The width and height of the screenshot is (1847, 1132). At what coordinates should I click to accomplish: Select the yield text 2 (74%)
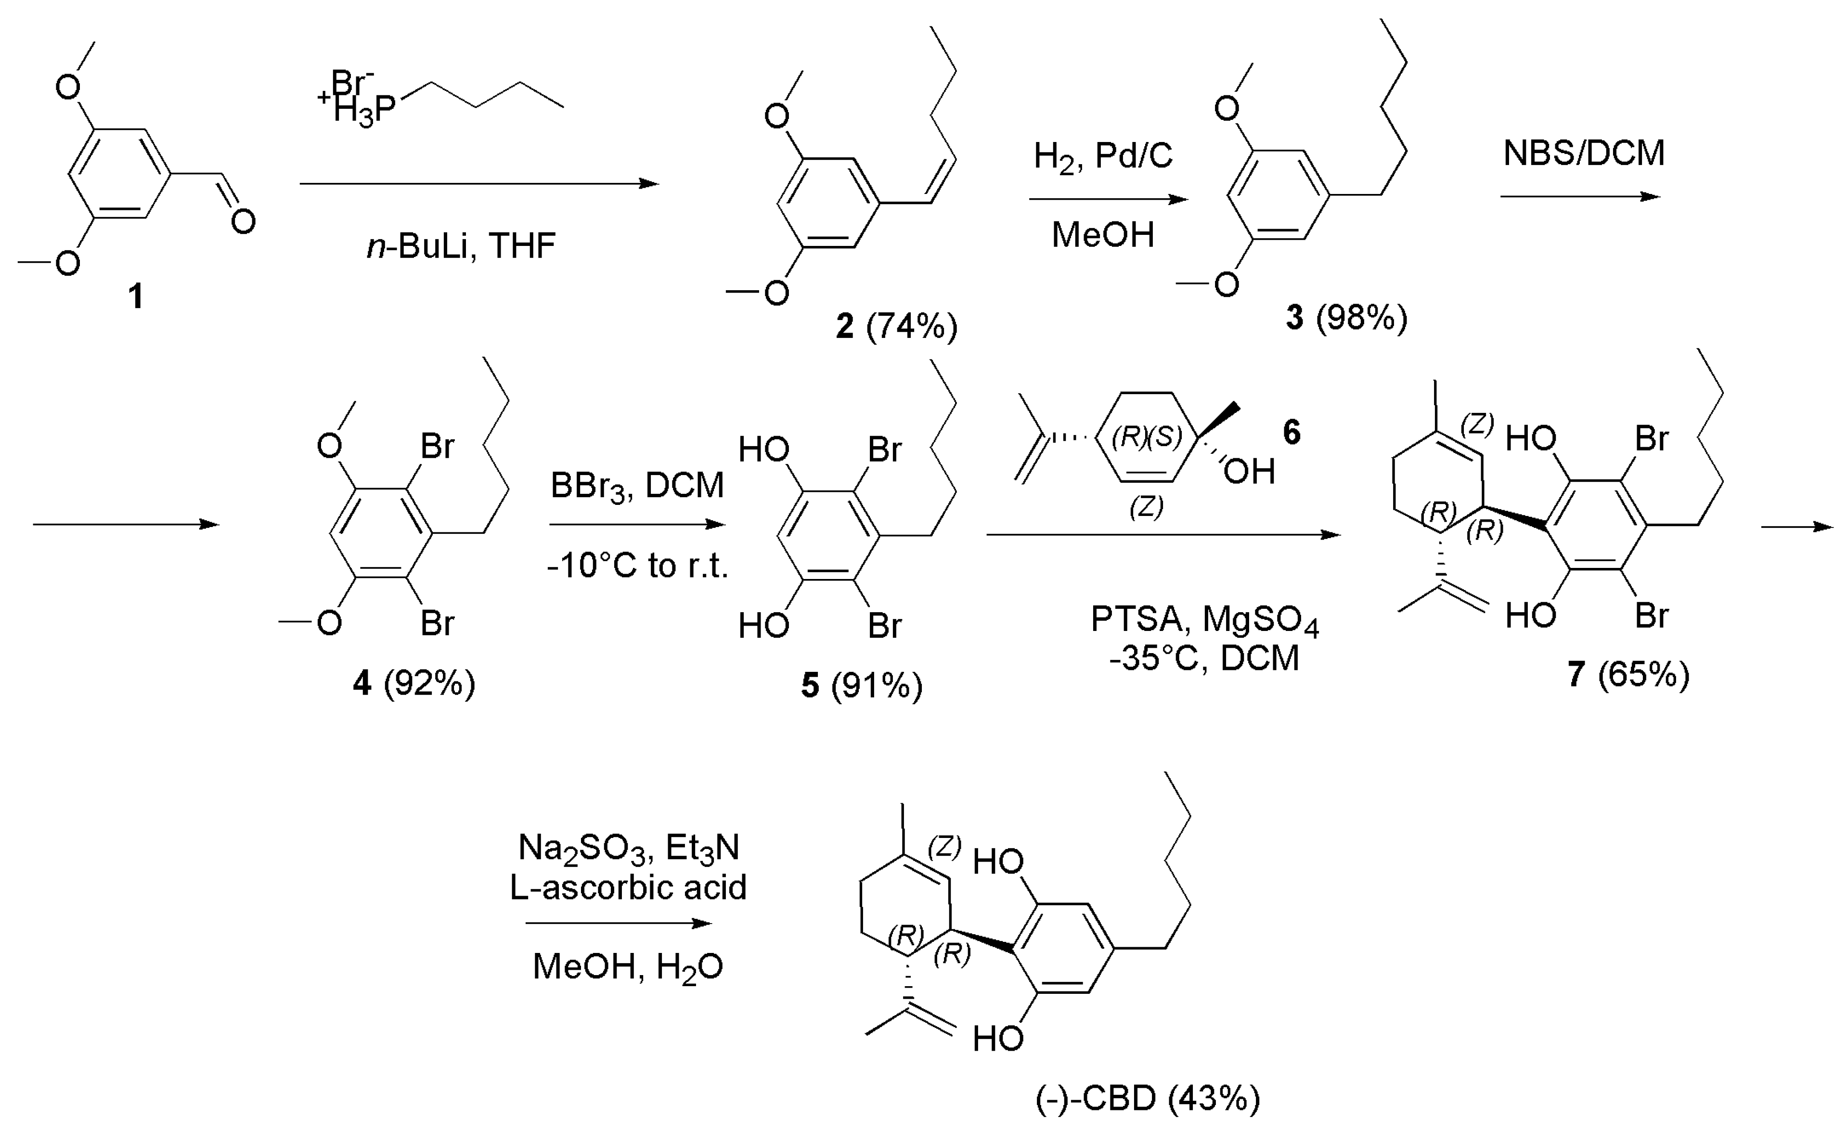896,326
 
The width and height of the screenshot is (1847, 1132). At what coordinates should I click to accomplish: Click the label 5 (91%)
861,685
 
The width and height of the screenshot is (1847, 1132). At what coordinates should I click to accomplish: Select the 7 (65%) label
1628,675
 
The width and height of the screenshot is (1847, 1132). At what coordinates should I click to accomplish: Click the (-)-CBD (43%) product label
1148,1099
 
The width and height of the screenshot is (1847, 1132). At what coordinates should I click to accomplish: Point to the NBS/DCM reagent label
1584,154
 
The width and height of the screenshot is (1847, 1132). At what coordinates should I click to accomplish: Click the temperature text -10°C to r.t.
637,566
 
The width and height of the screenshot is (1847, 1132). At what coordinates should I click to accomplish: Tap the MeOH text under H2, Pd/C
1103,235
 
